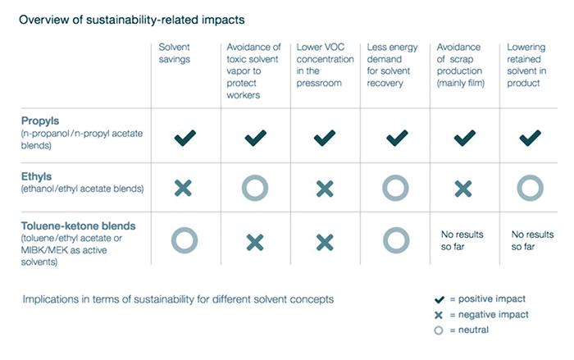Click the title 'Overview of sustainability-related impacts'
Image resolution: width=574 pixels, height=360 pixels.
pyautogui.click(x=132, y=20)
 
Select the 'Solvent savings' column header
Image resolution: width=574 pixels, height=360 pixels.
pyautogui.click(x=174, y=53)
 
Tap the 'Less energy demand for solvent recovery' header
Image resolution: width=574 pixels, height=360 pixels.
pyautogui.click(x=392, y=65)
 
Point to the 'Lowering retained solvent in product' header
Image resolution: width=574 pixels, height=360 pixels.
pyautogui.click(x=526, y=65)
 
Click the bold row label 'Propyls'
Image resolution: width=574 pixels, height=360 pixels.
pyautogui.click(x=40, y=121)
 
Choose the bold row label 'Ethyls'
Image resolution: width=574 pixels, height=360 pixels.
pyautogui.click(x=36, y=176)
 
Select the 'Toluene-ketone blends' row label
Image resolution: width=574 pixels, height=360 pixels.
pyautogui.click(x=79, y=226)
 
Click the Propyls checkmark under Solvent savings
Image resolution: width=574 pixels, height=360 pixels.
pyautogui.click(x=184, y=138)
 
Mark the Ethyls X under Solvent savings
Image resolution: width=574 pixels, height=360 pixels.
pyautogui.click(x=183, y=189)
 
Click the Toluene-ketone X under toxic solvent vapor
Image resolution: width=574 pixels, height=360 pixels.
pyautogui.click(x=255, y=242)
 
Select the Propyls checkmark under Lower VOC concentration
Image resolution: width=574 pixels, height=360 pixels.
pyautogui.click(x=325, y=138)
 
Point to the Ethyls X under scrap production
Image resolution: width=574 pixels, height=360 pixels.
pyautogui.click(x=463, y=189)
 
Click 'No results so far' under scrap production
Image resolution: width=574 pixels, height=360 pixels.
pyautogui.click(x=462, y=240)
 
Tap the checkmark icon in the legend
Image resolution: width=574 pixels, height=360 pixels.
pyautogui.click(x=440, y=300)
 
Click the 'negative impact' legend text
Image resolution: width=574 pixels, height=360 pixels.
pyautogui.click(x=494, y=315)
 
